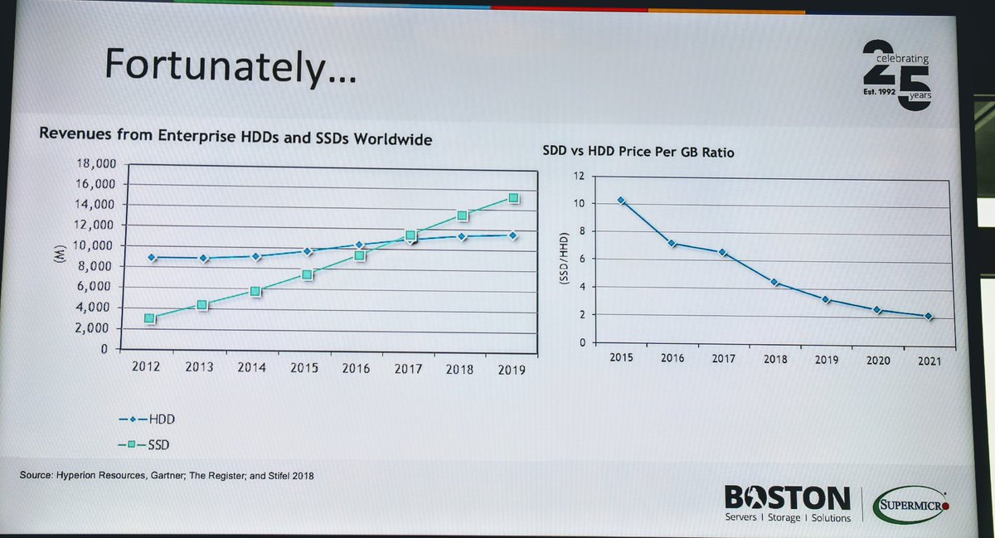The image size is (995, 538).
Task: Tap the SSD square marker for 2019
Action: click(x=513, y=198)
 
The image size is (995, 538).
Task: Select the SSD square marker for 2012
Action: click(x=149, y=318)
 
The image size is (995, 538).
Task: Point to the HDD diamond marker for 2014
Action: click(x=255, y=257)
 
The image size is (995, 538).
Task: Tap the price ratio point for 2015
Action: click(x=620, y=201)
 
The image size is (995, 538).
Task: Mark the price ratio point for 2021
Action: click(x=929, y=317)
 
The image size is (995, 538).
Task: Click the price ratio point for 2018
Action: click(x=774, y=283)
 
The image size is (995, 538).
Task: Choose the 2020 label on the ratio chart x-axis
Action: click(x=877, y=361)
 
